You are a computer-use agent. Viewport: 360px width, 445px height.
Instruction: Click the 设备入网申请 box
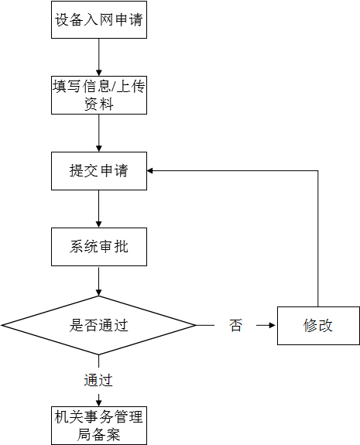tap(99, 20)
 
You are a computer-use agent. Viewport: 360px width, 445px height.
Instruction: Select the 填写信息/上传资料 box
tap(99, 95)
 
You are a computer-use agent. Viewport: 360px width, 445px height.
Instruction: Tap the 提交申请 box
tap(99, 171)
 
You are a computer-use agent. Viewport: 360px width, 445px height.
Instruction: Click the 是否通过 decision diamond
tap(99, 325)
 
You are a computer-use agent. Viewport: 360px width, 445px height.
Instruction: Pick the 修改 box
tap(317, 325)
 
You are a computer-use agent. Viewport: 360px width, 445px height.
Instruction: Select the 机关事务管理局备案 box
tap(99, 425)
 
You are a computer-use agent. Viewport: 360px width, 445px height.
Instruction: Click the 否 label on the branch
tap(235, 326)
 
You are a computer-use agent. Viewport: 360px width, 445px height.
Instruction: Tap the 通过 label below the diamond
tap(98, 380)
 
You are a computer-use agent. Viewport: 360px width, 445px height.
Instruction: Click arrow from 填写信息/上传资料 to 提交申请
tap(99, 132)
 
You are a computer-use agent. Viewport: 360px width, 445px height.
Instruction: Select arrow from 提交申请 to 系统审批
tap(99, 209)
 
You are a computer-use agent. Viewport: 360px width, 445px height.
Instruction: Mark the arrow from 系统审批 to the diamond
tap(99, 282)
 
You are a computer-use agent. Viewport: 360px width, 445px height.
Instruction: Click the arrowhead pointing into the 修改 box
tap(272, 326)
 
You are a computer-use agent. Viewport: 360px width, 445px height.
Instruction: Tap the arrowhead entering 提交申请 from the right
tap(152, 171)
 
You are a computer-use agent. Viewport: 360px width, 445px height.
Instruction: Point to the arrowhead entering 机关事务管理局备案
tap(99, 400)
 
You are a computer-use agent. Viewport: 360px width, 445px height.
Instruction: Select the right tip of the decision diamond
tap(196, 325)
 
